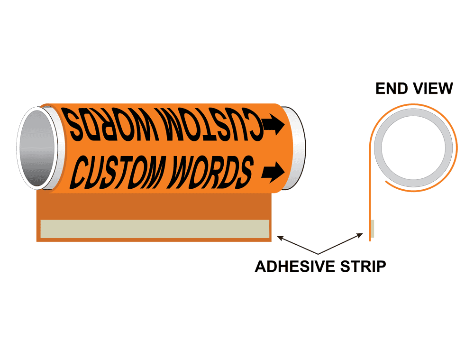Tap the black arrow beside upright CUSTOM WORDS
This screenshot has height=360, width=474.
tap(273, 172)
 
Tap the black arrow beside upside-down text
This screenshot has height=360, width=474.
tap(273, 124)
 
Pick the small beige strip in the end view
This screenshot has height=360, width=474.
tap(373, 229)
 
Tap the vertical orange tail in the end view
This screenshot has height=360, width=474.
tap(370, 199)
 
